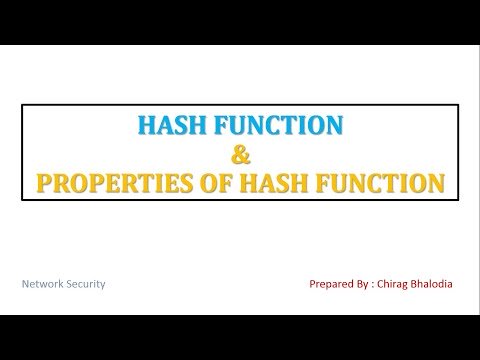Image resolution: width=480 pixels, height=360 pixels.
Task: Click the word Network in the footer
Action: tap(52, 284)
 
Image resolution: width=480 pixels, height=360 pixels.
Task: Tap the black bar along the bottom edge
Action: tap(240, 337)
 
